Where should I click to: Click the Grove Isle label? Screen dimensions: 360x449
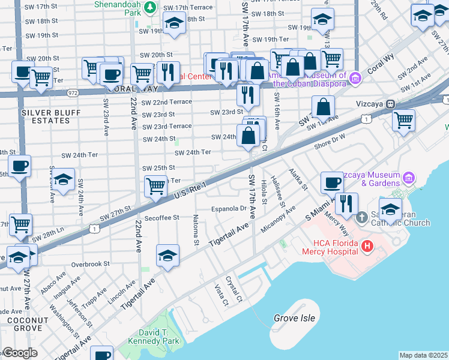(x=294, y=317)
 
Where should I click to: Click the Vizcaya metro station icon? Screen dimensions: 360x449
(x=390, y=103)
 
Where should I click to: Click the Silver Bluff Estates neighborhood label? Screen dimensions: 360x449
(x=46, y=116)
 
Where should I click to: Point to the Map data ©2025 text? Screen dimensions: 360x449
(x=423, y=355)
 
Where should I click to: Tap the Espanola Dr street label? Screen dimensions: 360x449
(x=229, y=209)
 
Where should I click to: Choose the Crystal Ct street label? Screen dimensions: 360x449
(x=234, y=289)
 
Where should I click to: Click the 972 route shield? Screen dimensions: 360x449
(x=73, y=93)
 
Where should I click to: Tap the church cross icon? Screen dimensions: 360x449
(x=362, y=217)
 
